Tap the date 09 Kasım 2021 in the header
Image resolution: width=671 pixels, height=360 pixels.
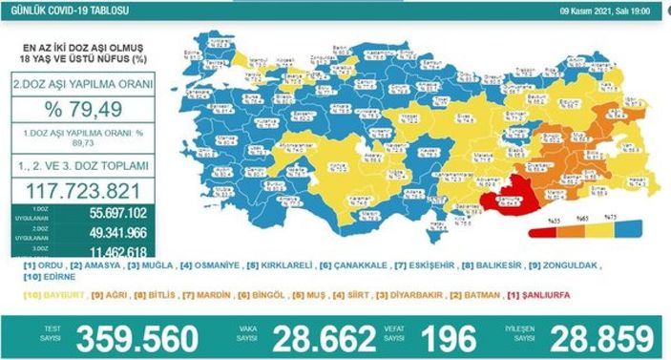pyautogui.click(x=597, y=11)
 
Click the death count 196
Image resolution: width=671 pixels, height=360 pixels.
pyautogui.click(x=447, y=337)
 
